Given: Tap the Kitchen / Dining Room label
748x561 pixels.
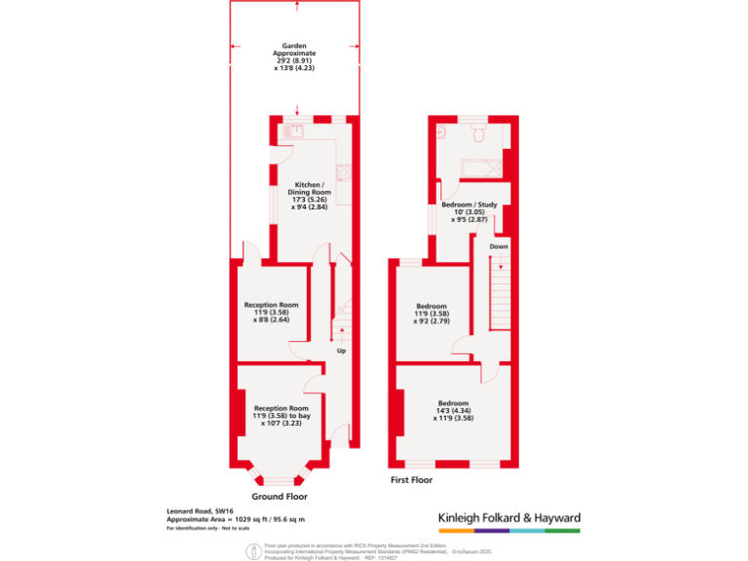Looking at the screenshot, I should point(311,190).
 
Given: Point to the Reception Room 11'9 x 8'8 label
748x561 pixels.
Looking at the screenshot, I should point(271,312).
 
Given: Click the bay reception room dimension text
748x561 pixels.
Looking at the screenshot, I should point(281,416).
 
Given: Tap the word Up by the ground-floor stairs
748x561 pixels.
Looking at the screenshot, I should point(341,351).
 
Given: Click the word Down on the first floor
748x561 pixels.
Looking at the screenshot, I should point(499,246).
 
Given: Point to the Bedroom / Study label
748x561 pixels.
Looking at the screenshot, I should point(470,211).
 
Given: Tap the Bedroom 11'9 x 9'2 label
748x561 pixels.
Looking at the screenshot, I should point(433,313).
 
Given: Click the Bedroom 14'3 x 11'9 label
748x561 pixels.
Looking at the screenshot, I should point(453,410).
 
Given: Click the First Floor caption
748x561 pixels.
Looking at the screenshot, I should point(411,479).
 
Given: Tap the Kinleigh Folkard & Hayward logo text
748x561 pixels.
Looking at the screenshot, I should point(505,517).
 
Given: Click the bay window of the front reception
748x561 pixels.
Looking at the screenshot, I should point(279,478).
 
